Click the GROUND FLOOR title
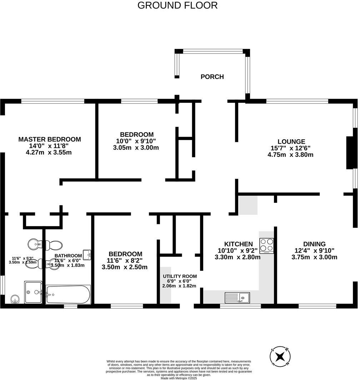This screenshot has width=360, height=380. coord(177,5)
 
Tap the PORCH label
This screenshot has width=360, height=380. coord(212,77)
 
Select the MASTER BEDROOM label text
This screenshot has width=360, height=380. coord(50,139)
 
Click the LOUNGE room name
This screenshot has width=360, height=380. coord(291,141)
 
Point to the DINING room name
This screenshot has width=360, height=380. coord(314,244)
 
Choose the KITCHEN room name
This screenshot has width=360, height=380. coord(239,244)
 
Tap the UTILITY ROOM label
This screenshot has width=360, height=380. coord(180,276)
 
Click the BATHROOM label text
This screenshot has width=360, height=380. coord(68,256)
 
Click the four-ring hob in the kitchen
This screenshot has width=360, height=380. coord(267,246)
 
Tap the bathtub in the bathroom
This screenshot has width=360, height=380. coord(68,294)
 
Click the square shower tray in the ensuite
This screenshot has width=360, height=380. coord(33,292)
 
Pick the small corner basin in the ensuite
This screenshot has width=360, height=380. coord(15,299)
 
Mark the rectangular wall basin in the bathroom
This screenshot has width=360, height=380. coord(87,254)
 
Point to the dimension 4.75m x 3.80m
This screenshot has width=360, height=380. coord(290,155)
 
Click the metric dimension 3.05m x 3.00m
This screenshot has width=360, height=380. coord(136,147)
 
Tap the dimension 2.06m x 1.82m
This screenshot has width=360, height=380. coord(180,286)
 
